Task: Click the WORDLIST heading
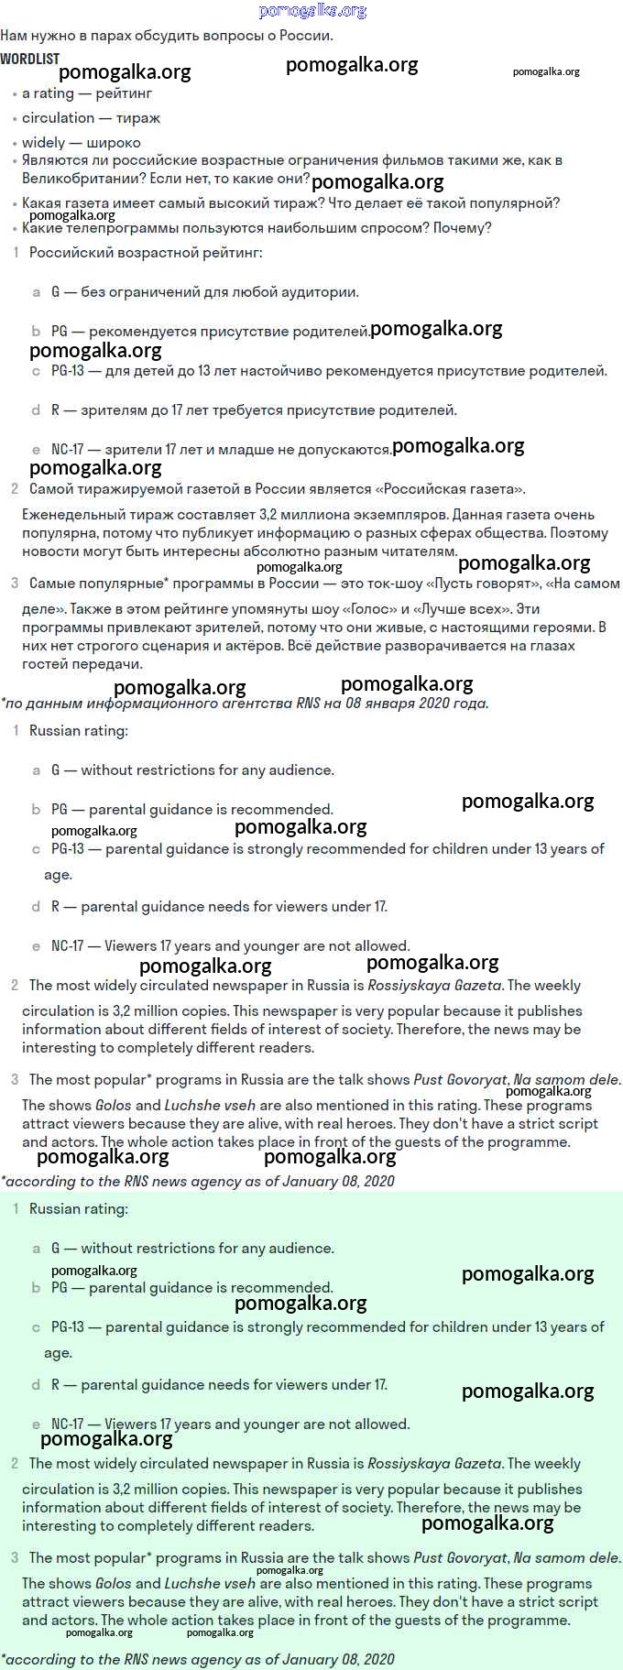(30, 59)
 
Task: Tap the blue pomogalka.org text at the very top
(312, 11)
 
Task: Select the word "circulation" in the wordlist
(58, 118)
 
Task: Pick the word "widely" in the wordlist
(43, 143)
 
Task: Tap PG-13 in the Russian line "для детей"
(67, 371)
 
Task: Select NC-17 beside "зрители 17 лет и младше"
(67, 450)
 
